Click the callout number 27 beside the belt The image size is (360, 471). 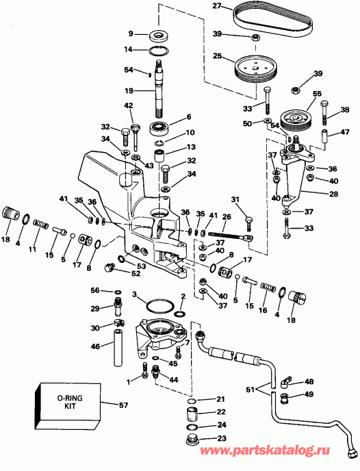click(216, 8)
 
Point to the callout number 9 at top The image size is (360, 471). click(130, 33)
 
